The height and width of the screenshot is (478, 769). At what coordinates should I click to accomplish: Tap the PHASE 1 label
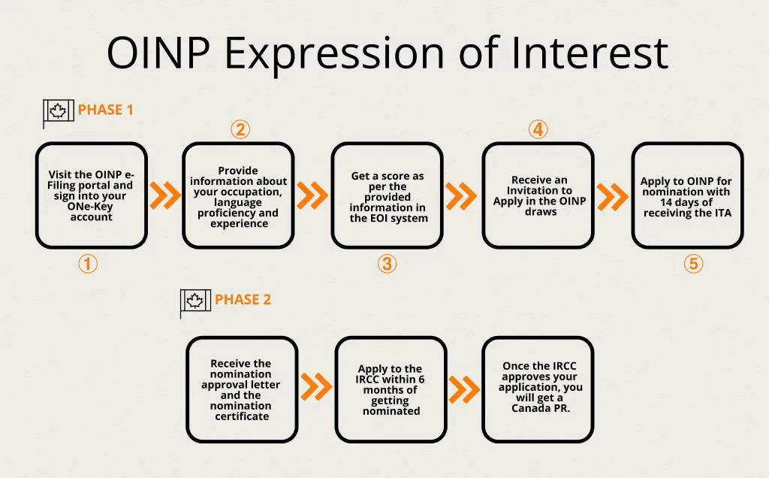(x=105, y=110)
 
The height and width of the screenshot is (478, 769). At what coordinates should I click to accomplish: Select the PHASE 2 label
(x=243, y=299)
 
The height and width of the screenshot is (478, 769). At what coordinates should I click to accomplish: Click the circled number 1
(x=88, y=265)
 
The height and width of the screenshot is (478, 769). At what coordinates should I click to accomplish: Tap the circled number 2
(x=240, y=130)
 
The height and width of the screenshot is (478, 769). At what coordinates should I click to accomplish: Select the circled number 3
(x=387, y=265)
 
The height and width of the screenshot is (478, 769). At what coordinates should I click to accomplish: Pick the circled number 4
(x=537, y=130)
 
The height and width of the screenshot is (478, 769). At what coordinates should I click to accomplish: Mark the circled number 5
(x=693, y=265)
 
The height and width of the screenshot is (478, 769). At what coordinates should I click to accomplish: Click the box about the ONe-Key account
(x=91, y=195)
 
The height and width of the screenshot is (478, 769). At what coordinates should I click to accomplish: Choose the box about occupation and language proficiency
(x=238, y=195)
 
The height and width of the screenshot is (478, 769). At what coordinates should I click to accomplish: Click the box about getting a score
(x=387, y=195)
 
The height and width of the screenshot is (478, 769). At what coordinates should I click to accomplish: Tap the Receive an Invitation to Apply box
(x=538, y=195)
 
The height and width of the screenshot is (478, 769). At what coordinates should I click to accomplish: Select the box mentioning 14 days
(x=686, y=195)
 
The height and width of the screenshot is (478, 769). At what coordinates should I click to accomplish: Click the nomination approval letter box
(x=242, y=389)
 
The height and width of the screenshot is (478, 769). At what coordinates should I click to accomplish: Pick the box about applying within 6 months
(x=391, y=389)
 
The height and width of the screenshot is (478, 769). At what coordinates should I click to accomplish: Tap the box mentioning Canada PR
(x=539, y=389)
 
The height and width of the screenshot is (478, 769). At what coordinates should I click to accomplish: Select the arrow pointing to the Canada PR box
(x=464, y=389)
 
